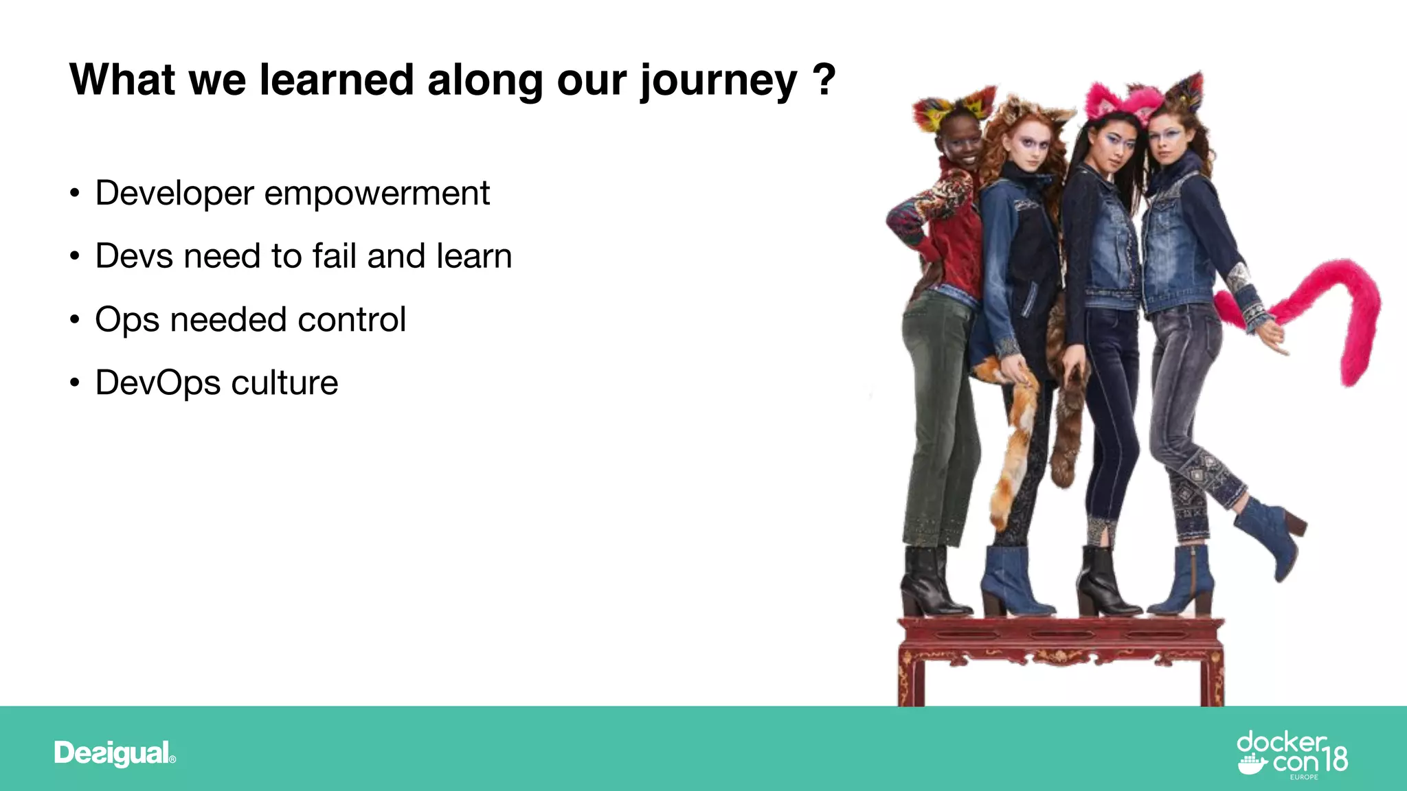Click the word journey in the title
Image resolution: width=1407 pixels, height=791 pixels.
pos(718,81)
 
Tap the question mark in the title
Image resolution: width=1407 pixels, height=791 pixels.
pos(823,80)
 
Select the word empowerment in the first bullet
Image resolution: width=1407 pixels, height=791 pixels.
pos(376,194)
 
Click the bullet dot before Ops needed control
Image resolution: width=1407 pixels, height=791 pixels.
pos(75,320)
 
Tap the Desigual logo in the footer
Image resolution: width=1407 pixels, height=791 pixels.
pos(115,753)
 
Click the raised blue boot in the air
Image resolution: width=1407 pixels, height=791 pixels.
pos(1271,536)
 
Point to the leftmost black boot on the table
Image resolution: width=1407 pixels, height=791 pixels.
pos(927,584)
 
